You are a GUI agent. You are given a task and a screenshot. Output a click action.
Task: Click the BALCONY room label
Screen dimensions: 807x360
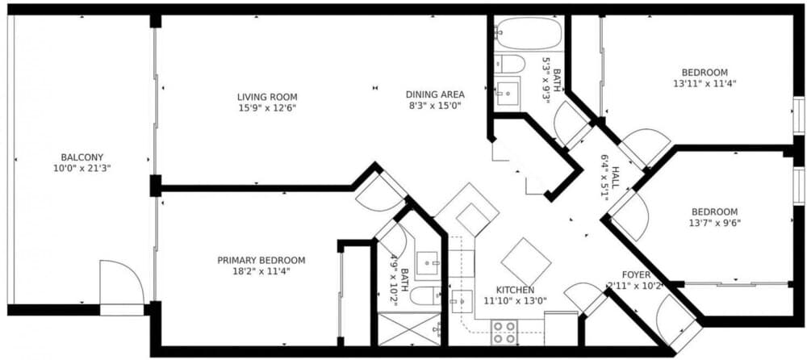[x=82, y=157]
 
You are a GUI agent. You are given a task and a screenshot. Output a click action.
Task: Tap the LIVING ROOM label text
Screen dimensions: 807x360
[x=267, y=97]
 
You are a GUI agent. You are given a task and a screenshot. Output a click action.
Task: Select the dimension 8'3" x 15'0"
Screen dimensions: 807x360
[x=436, y=106]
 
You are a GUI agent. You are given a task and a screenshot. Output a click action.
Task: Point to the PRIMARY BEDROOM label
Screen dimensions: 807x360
[x=261, y=261]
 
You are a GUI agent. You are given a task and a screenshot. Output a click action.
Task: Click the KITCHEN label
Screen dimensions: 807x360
[x=515, y=290]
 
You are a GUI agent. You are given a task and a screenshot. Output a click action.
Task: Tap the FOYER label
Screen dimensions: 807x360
[x=636, y=275]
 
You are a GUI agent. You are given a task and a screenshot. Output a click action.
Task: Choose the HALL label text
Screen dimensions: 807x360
[x=615, y=177]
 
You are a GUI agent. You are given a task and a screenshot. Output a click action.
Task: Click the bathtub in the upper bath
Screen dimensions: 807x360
[x=528, y=33]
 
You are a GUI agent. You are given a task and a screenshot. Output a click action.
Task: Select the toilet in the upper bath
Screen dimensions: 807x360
[x=509, y=64]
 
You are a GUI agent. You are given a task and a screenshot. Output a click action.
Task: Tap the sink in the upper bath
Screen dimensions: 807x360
[x=507, y=94]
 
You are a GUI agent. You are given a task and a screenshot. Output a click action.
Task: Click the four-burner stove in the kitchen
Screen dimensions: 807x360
[x=504, y=333]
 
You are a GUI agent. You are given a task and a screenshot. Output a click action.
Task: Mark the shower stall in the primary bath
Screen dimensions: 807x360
[x=409, y=329]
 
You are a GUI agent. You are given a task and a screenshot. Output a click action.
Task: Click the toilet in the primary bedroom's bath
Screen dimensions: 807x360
[x=425, y=295]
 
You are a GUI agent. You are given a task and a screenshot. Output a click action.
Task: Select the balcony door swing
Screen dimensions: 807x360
[x=122, y=283]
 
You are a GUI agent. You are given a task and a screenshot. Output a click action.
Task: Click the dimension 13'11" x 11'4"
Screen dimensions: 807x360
[x=705, y=83]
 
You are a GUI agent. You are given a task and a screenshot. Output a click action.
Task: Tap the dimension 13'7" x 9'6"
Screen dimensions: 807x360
[x=714, y=223]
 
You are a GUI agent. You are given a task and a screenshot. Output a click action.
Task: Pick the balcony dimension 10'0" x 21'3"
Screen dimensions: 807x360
[x=82, y=168]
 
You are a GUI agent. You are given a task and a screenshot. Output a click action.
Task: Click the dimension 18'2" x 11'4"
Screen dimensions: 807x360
[x=261, y=271]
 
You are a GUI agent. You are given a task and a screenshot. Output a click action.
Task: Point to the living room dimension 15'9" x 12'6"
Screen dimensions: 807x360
[x=267, y=107]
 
